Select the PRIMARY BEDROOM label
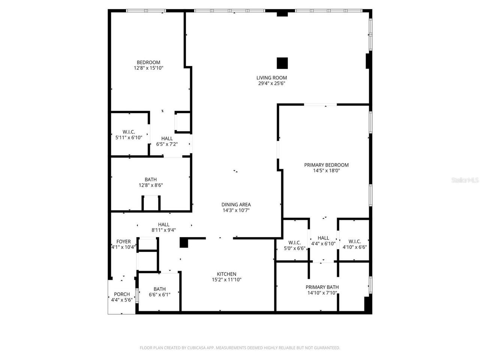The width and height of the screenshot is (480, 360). pos(326,165)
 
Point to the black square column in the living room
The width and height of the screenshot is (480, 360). pos(282,63)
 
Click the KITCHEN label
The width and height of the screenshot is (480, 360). pos(226,274)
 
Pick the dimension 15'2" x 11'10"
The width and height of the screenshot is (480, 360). pos(226,279)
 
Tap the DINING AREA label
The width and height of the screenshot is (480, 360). pos(236,205)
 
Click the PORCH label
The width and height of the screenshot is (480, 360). pos(122,294)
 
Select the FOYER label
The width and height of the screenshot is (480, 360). pos(123,242)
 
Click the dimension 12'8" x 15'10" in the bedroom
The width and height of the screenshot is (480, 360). pos(148,68)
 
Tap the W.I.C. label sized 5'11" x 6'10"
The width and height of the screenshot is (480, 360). pos(129,132)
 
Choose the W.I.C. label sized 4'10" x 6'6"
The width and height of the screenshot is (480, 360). pos(354,241)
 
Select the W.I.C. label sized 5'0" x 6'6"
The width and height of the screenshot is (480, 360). pos(294,243)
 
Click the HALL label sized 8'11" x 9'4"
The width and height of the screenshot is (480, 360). pos(163,225)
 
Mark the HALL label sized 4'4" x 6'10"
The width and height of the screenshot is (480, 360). pos(323,238)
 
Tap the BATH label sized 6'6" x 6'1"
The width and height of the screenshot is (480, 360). pos(159,289)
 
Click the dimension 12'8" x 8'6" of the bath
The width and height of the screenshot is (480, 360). pos(151,185)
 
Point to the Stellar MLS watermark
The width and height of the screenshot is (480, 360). pos(465,180)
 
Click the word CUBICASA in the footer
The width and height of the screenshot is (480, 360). pos(196,348)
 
